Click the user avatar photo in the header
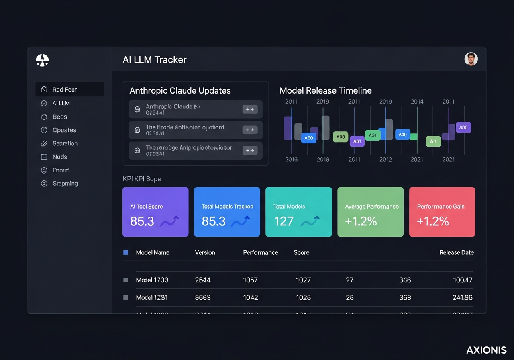pyautogui.click(x=471, y=59)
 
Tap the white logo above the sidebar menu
pyautogui.click(x=42, y=60)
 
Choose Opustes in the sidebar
pyautogui.click(x=64, y=130)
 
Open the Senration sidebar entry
pyautogui.click(x=65, y=143)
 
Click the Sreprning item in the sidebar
pyautogui.click(x=65, y=184)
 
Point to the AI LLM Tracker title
pyautogui.click(x=155, y=60)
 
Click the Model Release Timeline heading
pyautogui.click(x=326, y=90)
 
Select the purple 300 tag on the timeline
pyautogui.click(x=463, y=127)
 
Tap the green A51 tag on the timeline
pyautogui.click(x=373, y=135)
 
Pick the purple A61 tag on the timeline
pyautogui.click(x=357, y=141)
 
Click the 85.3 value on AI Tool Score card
pyautogui.click(x=142, y=221)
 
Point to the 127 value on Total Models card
pyautogui.click(x=284, y=221)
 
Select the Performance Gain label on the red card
pyautogui.click(x=441, y=207)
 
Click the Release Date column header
pyautogui.click(x=456, y=252)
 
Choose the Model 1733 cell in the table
pyautogui.click(x=152, y=280)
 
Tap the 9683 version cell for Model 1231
pyautogui.click(x=203, y=298)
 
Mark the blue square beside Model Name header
pyautogui.click(x=126, y=252)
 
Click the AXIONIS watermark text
pyautogui.click(x=486, y=350)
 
